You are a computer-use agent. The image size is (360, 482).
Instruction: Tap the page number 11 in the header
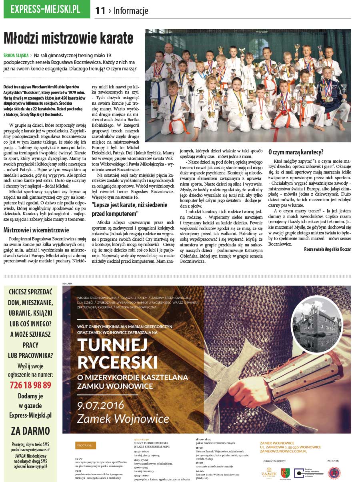coord(100,11)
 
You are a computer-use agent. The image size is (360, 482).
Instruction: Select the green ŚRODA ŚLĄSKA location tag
coord(16,56)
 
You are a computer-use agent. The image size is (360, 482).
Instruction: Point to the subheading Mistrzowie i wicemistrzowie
coord(36,230)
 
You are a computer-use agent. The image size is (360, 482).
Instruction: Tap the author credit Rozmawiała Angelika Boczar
coord(327,249)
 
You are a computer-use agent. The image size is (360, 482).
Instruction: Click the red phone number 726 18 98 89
coord(30,385)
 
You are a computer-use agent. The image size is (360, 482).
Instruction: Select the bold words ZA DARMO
coord(30,431)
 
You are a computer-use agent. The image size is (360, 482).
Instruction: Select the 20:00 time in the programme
coord(199,470)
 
